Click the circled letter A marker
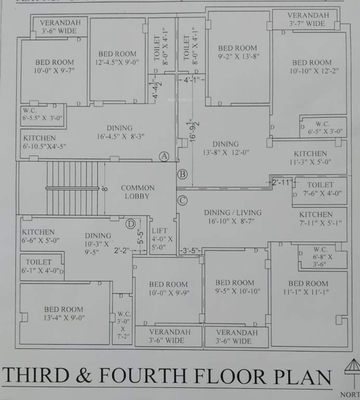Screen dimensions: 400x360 click(x=164, y=156)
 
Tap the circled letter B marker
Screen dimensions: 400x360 click(x=182, y=174)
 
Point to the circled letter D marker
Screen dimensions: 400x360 click(x=131, y=224)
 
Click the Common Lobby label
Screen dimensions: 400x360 click(x=137, y=192)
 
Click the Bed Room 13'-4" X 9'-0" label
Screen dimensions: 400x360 click(x=64, y=313)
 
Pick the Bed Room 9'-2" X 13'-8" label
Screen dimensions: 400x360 click(x=238, y=52)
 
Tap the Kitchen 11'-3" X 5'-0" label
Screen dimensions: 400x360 click(x=310, y=158)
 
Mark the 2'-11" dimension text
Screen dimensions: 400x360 click(x=282, y=182)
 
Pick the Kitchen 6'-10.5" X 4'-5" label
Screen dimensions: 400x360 click(x=44, y=143)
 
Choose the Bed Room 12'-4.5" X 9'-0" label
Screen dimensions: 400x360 click(x=117, y=58)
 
